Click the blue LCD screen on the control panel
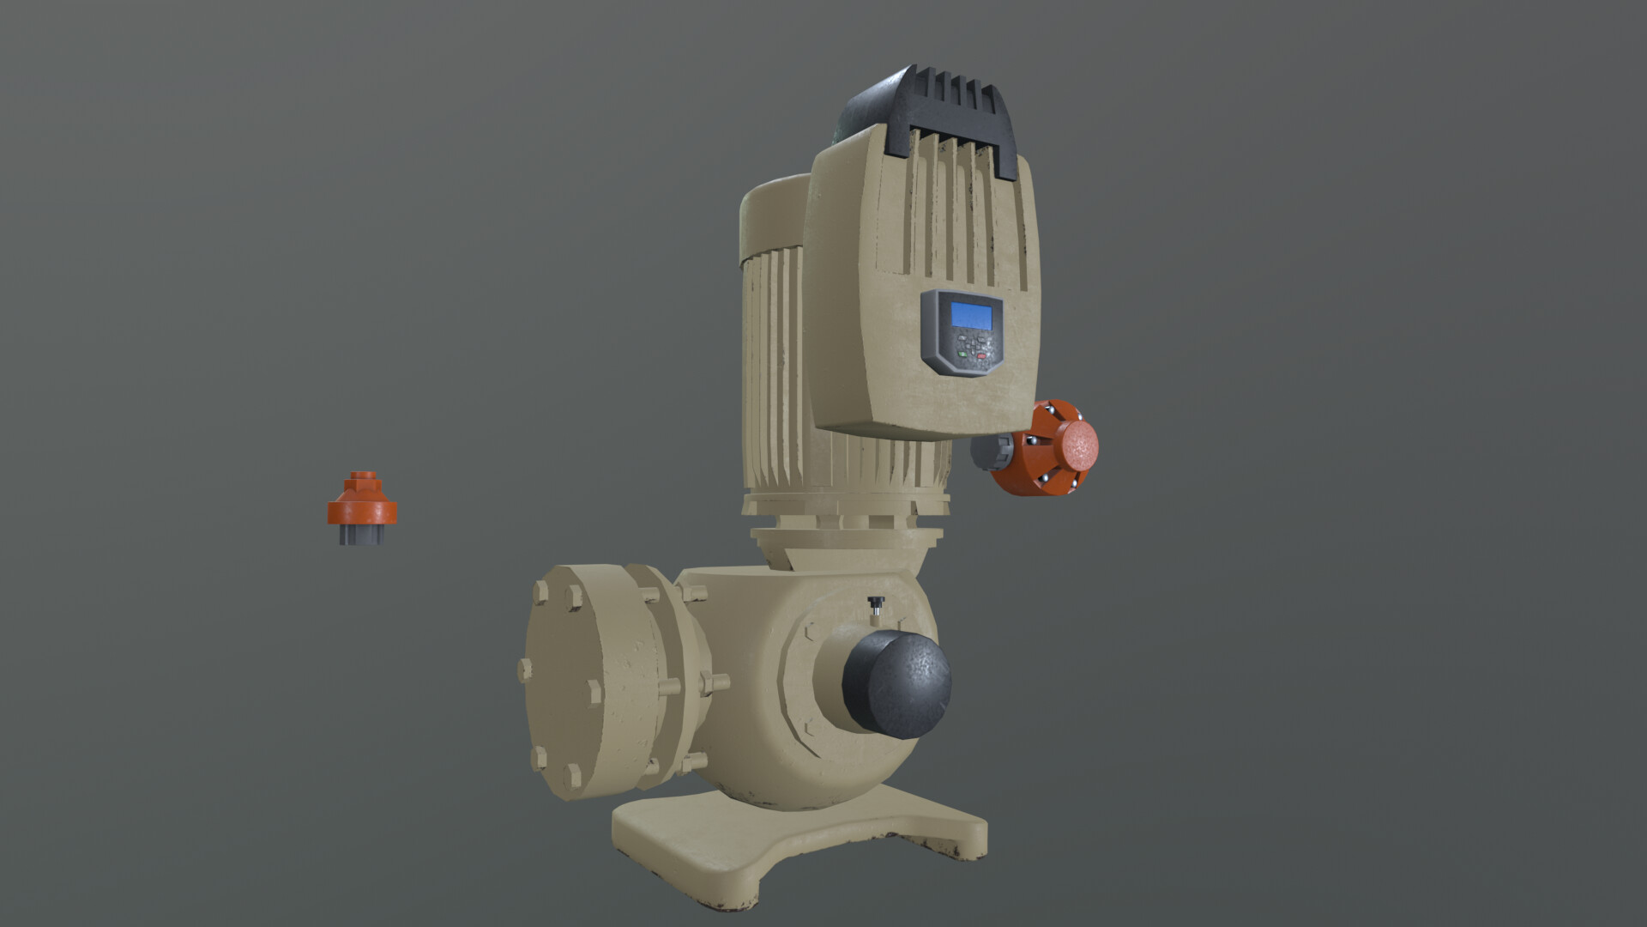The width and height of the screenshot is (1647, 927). pos(972,316)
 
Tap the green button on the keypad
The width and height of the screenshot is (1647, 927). pos(962,354)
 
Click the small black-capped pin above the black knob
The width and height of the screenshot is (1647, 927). pos(876,604)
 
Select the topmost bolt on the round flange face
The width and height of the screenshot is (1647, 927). pos(540,592)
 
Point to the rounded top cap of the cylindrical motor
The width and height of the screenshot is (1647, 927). pos(772,215)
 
